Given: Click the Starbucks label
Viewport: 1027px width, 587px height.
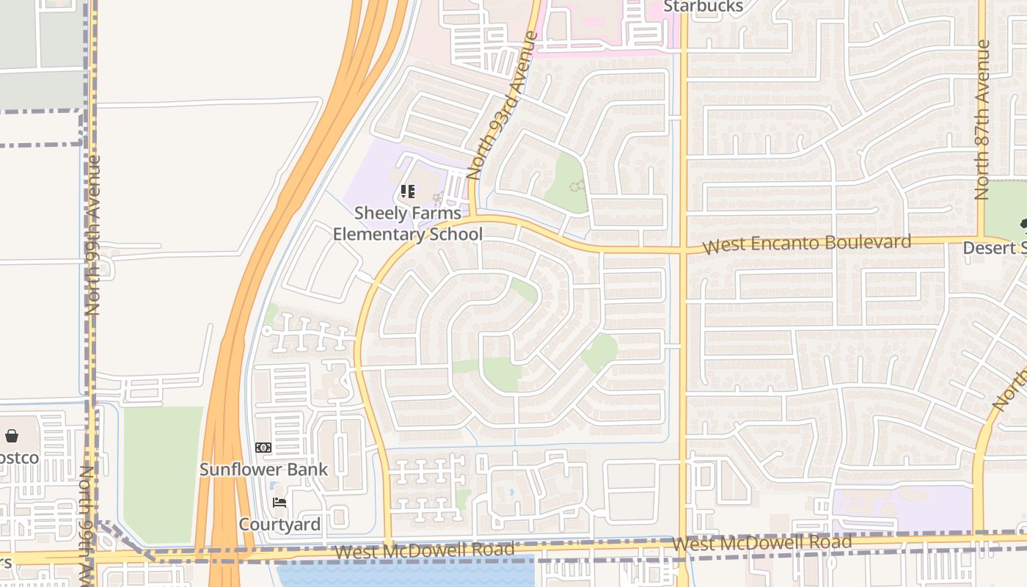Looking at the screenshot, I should (703, 7).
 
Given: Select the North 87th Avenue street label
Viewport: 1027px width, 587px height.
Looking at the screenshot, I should (982, 120).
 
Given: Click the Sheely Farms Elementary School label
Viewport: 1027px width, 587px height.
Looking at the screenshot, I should (408, 224).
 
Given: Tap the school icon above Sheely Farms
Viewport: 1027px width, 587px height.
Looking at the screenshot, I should (408, 192).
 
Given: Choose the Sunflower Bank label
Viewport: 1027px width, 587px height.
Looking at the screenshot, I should (263, 469).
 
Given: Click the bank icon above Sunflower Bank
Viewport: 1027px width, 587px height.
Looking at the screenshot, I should (263, 448).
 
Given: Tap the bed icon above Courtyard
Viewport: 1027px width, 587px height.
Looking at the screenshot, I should (279, 503).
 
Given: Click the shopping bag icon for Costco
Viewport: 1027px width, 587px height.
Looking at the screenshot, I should (12, 437).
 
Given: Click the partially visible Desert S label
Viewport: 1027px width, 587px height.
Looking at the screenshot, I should (994, 248).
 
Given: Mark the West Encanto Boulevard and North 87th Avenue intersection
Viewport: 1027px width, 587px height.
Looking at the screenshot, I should (982, 238).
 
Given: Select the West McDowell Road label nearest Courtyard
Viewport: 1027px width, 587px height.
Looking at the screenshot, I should (423, 550).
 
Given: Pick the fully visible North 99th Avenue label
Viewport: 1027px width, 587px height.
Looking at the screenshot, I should (93, 235).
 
